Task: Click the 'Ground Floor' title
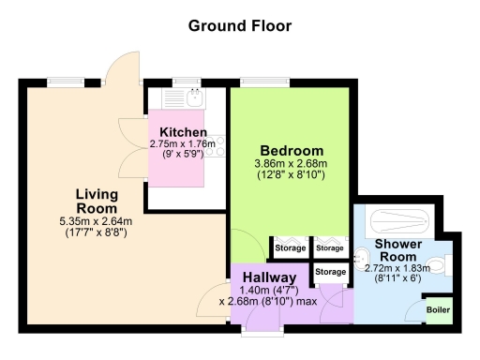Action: (240, 25)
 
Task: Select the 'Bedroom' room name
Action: (292, 151)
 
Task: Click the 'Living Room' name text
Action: (97, 201)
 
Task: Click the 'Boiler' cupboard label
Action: (438, 309)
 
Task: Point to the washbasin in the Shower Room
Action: (364, 256)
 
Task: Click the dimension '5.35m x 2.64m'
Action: (96, 221)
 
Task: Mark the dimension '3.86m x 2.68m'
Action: (292, 164)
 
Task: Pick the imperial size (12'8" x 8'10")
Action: (292, 175)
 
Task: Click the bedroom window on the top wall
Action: (256, 82)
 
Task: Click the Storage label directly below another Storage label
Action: (329, 272)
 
